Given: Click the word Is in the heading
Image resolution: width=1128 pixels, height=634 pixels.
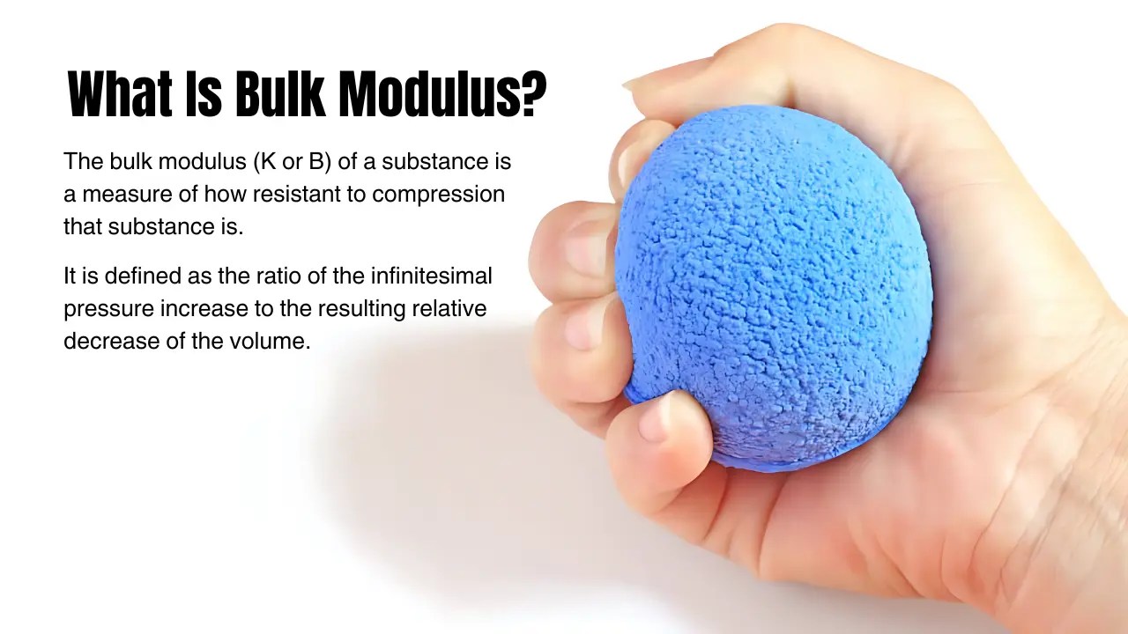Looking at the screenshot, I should [x=202, y=94].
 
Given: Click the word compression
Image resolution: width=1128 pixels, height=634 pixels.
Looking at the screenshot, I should [x=438, y=195].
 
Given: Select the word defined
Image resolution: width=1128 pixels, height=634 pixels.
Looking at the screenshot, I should [x=148, y=276].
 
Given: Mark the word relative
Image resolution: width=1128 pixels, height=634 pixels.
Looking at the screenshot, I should [x=449, y=309].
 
